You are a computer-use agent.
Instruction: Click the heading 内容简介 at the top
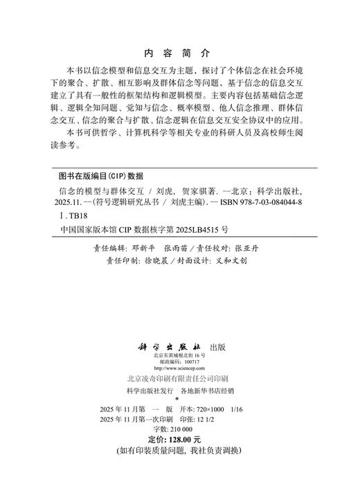coord(179,53)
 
